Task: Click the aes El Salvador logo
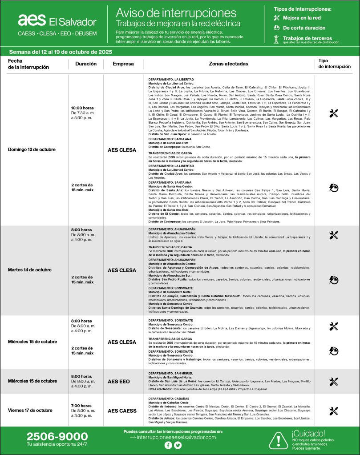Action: pos(57,20)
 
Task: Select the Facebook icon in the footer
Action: pos(168,445)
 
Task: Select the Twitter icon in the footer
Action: pos(178,445)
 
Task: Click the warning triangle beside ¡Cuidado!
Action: pos(279,440)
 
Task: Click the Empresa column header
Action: pos(123,64)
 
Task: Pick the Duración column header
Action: pos(86,64)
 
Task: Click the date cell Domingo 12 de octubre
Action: pos(32,149)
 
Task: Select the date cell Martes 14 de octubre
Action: pos(30,270)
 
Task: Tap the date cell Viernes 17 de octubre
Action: pos(30,410)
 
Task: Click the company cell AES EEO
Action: pos(119,381)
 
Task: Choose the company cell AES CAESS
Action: pos(122,411)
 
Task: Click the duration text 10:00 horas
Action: pos(82,108)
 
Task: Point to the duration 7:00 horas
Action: pos(81,406)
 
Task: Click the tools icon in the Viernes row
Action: pos(334,411)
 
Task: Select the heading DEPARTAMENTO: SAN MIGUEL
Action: pos(170,373)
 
